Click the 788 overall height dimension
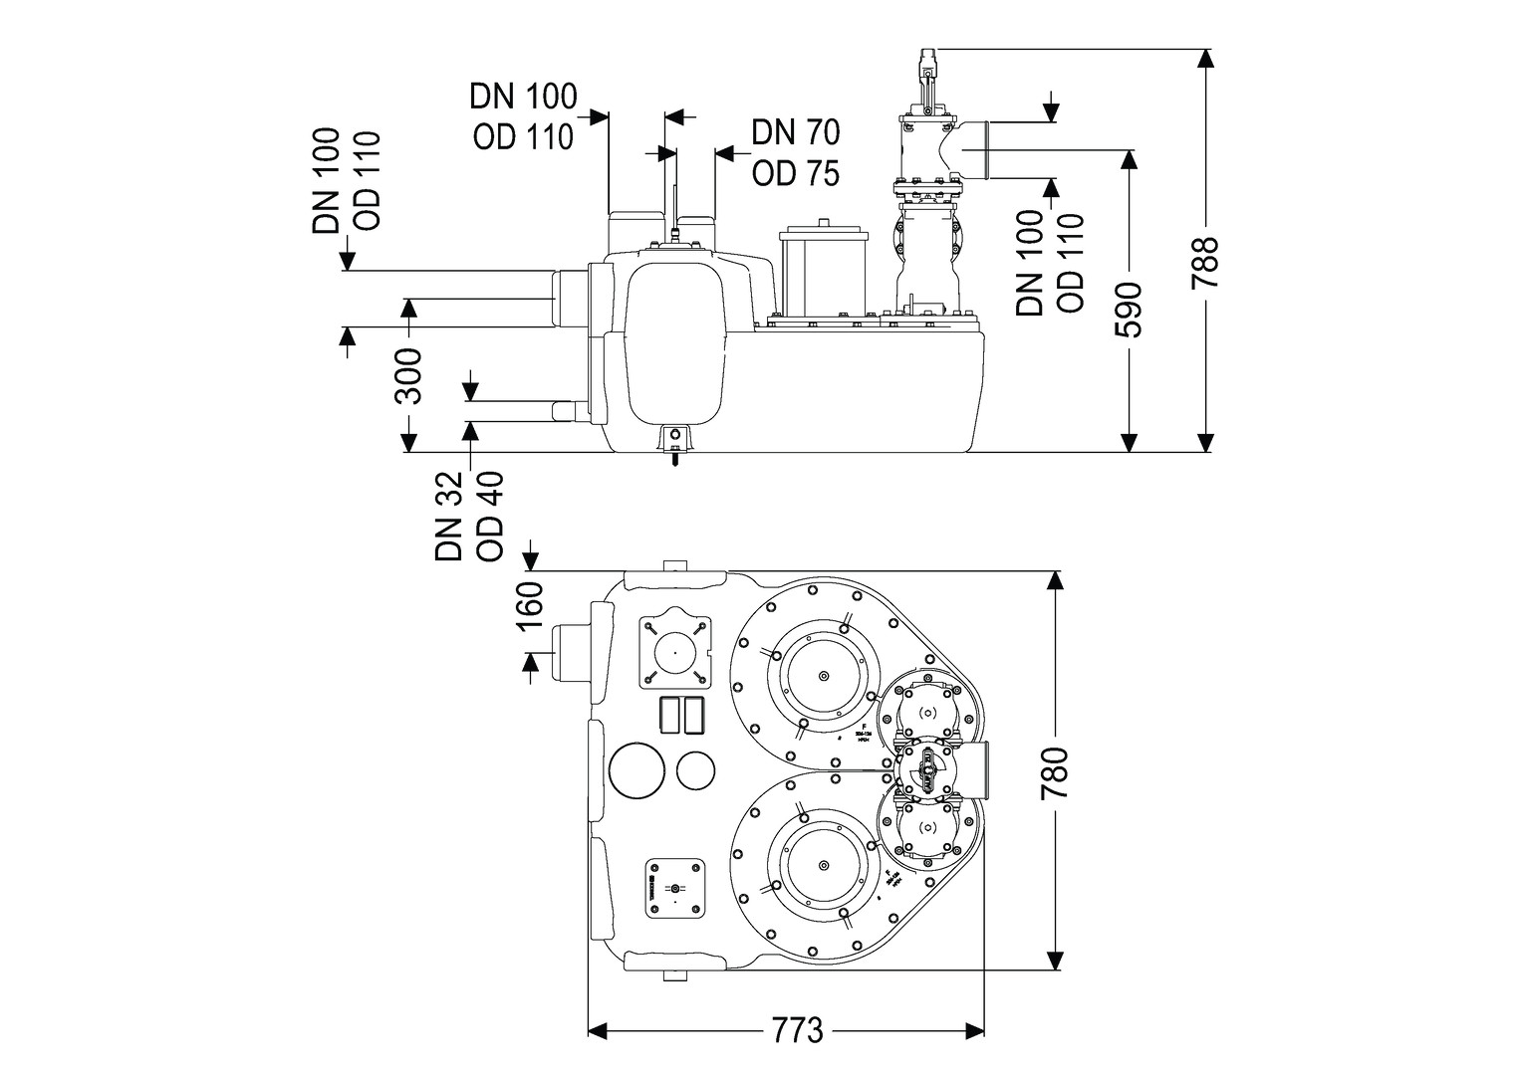pyautogui.click(x=1206, y=262)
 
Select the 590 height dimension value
pyautogui.click(x=1129, y=311)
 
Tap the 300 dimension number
pyautogui.click(x=407, y=376)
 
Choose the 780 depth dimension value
pyautogui.click(x=1053, y=772)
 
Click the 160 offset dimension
pyautogui.click(x=529, y=610)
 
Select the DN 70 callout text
pyautogui.click(x=795, y=131)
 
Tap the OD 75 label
pyautogui.click(x=795, y=173)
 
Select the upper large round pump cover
pyautogui.click(x=823, y=677)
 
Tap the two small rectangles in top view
pyautogui.click(x=682, y=715)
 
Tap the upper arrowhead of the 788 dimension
pyautogui.click(x=1206, y=57)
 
